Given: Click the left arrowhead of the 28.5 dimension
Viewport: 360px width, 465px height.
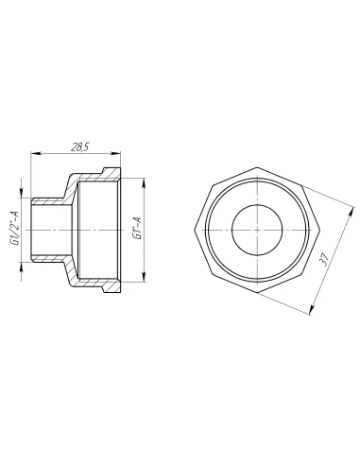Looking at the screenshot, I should point(35,153).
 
